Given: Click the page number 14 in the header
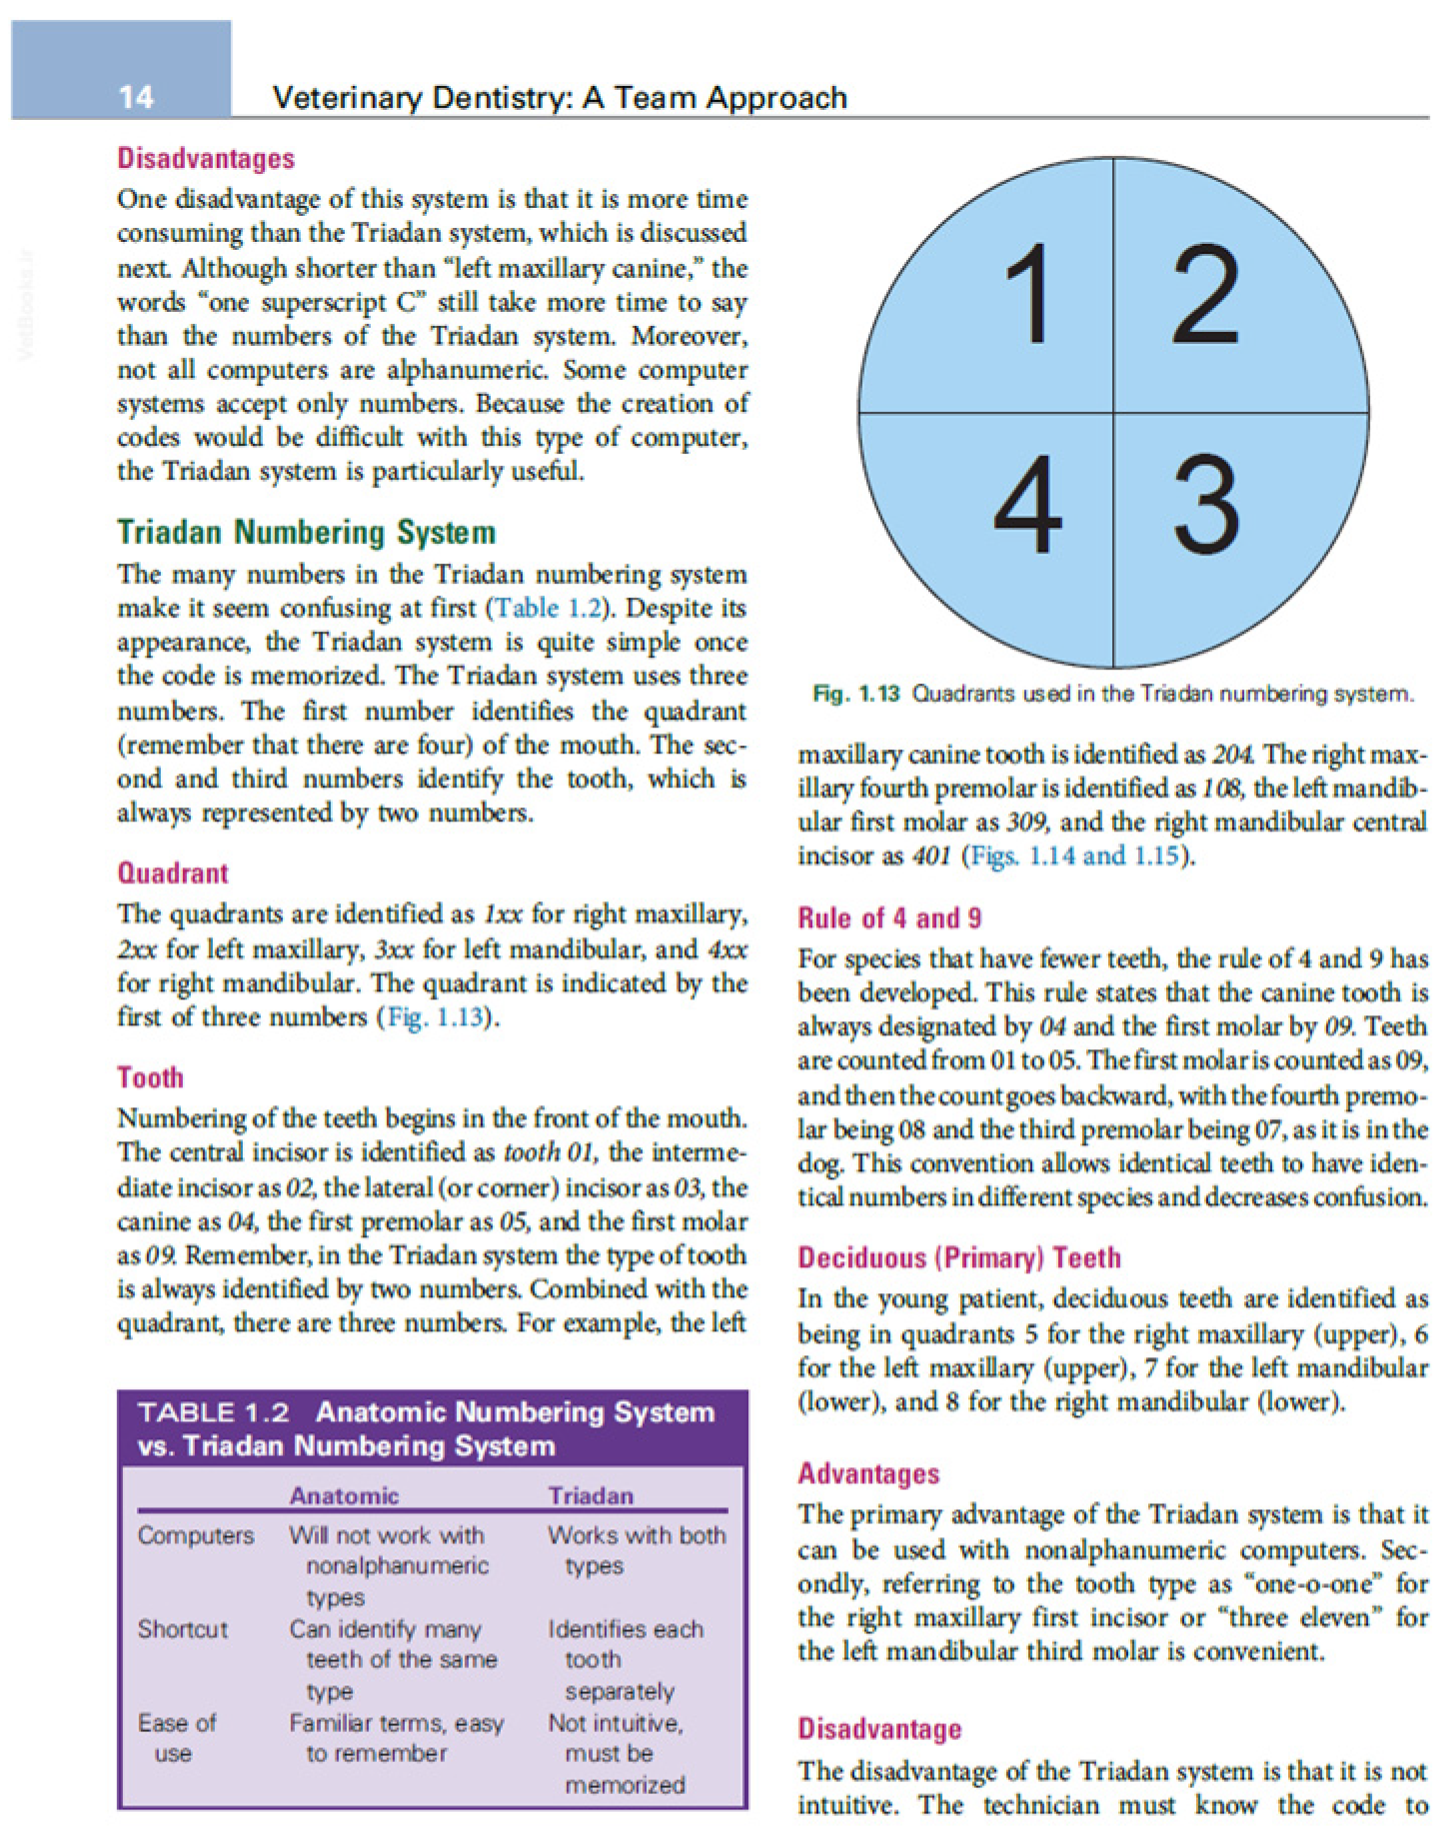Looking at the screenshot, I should (x=136, y=97).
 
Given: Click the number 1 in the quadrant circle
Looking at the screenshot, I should (x=1028, y=294).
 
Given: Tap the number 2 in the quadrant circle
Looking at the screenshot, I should (x=1205, y=294).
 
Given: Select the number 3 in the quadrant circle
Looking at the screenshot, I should (x=1206, y=505).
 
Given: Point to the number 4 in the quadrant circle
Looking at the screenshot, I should (x=1026, y=505).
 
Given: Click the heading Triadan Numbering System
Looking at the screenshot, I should (x=306, y=532).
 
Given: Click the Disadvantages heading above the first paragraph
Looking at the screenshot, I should (x=206, y=158).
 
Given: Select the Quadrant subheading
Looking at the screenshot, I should (x=173, y=873).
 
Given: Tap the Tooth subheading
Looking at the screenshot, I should (x=150, y=1077).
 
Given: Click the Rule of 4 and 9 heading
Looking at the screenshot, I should (x=888, y=917).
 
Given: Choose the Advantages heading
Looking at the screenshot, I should (x=868, y=1473).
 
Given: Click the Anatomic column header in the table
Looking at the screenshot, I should (x=344, y=1495).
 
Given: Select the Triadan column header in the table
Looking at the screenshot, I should (x=591, y=1495).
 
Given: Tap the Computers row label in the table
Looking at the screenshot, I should (x=196, y=1535).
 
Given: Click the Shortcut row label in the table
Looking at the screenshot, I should (x=183, y=1629).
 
